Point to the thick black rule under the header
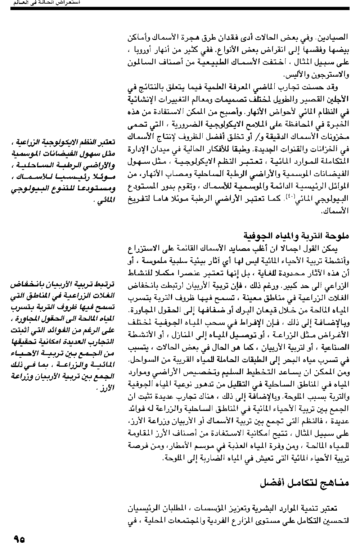click(180, 8)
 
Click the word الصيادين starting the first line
click(337, 37)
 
